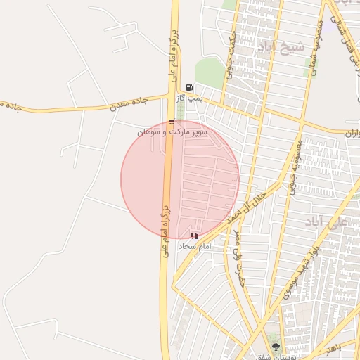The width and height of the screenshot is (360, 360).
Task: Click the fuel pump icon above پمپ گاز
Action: [x=189, y=87]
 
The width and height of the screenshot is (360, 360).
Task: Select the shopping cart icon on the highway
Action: [x=172, y=122]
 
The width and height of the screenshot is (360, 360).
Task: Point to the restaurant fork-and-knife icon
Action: [x=194, y=236]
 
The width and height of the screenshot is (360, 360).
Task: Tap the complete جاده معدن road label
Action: [x=127, y=105]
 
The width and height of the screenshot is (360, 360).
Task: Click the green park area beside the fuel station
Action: [x=209, y=73]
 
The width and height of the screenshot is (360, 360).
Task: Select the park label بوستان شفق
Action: [x=267, y=356]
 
